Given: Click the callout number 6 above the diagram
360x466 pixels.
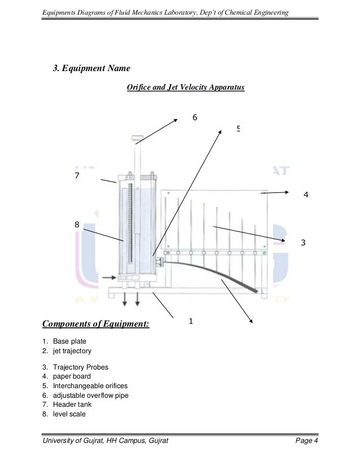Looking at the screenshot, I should pos(195,117).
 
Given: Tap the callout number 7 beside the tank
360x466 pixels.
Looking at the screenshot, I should pos(77,176).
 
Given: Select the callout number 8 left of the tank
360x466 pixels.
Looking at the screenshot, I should pos(77,225).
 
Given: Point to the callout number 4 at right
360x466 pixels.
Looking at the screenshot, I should pos(306,195).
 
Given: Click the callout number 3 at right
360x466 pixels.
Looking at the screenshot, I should pos(303,243).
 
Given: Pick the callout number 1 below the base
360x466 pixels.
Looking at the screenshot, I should pos(191,321).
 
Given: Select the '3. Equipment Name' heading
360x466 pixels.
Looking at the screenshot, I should pos(91,68).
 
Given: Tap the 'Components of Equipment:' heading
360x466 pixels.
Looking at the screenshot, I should pos(95,324).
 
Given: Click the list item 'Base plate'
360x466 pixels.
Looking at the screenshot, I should pos(70,341).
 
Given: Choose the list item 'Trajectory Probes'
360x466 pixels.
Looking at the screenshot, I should pos(81,367).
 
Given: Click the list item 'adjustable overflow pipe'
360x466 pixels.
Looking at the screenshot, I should pos(91,395).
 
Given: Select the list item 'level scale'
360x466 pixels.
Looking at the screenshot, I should pos(71,414).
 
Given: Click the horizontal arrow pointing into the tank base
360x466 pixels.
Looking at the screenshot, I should pos(109,277).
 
